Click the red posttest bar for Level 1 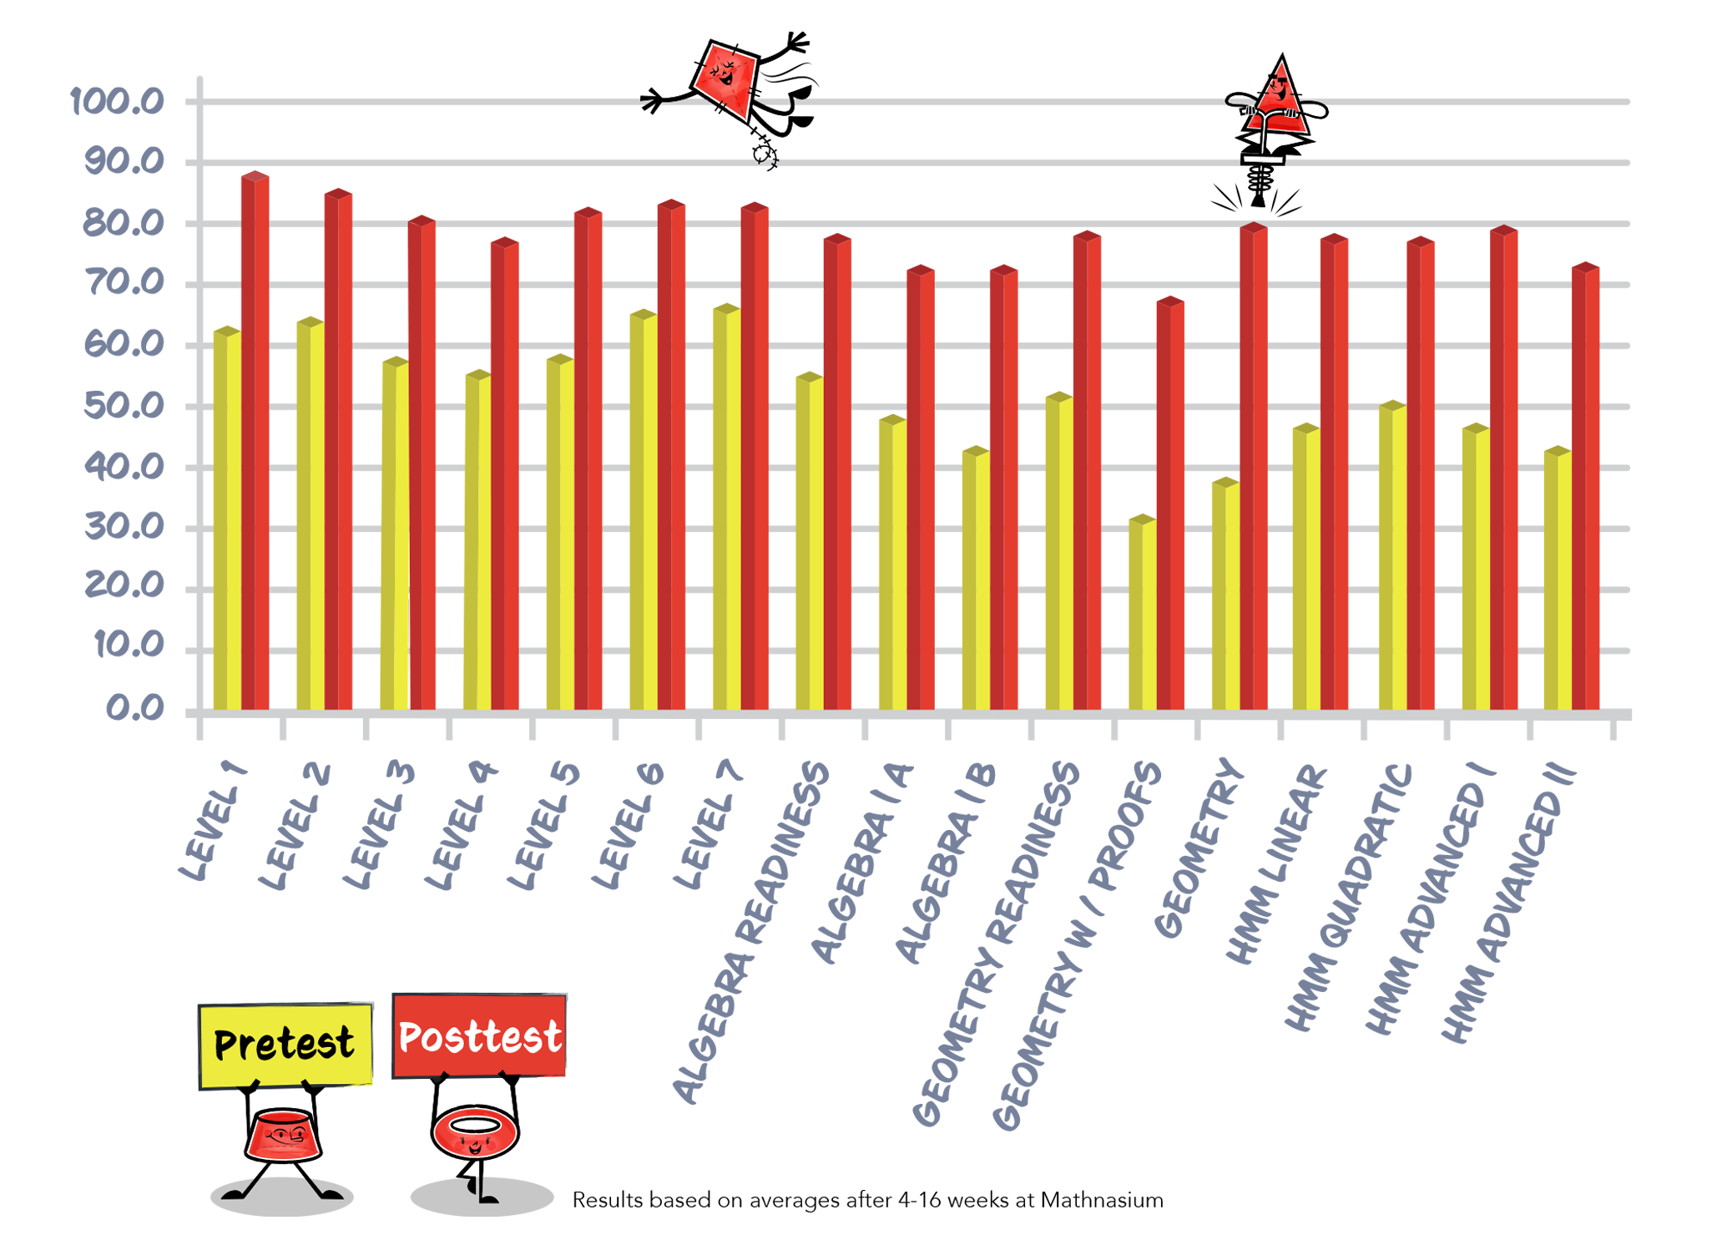[255, 443]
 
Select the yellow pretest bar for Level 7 [727, 509]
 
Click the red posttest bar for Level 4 [505, 476]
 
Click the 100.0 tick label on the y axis [117, 102]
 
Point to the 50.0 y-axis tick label [124, 407]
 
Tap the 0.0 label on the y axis [134, 710]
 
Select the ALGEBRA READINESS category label [751, 931]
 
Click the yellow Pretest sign [285, 1045]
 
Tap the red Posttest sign [479, 1036]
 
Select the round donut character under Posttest [475, 1131]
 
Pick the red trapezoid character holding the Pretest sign [283, 1136]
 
